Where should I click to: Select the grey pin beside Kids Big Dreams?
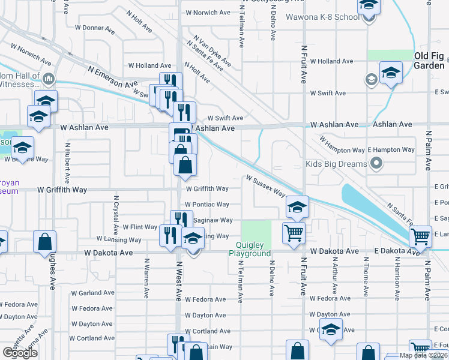(376, 163)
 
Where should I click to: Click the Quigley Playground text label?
(249, 249)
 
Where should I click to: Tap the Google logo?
(20, 353)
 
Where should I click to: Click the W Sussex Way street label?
(265, 185)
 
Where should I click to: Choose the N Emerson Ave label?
(112, 77)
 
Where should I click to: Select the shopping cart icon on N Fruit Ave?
(294, 232)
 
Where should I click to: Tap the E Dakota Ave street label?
(396, 251)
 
